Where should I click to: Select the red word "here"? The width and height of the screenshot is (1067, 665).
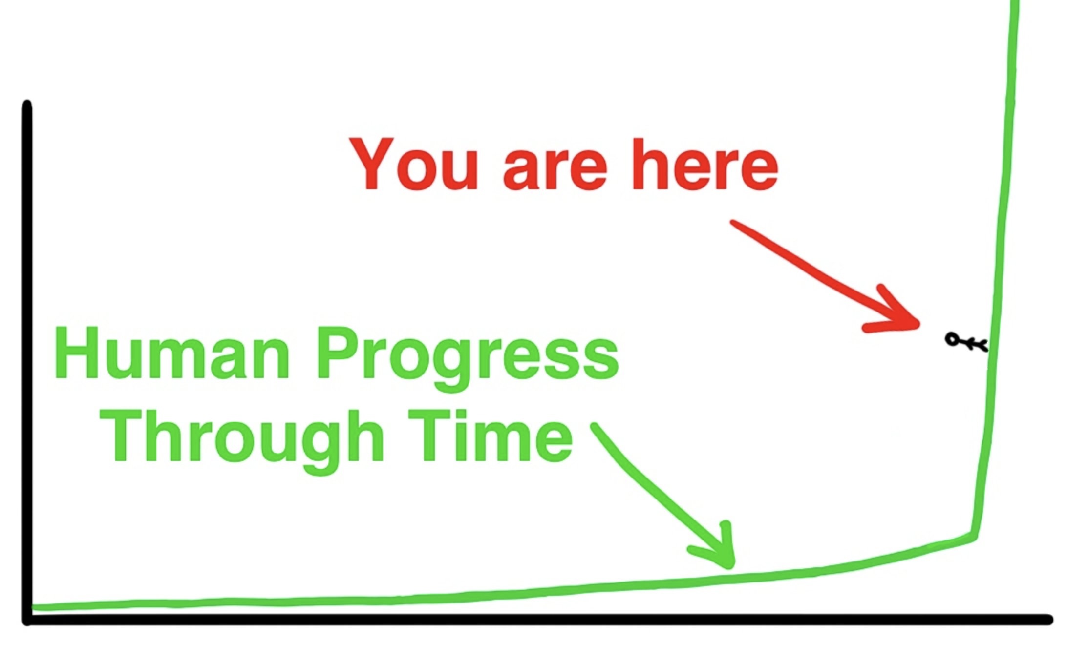pos(705,164)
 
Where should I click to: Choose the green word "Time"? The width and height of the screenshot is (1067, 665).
pos(490,436)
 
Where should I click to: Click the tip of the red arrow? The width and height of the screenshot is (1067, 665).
pos(918,323)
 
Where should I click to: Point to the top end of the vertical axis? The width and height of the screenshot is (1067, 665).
pos(27,104)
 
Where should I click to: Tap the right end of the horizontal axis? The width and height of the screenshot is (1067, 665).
pos(1048,619)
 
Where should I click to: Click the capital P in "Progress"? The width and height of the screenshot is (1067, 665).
pos(339,353)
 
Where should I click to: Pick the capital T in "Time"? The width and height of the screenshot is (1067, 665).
pos(430,436)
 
